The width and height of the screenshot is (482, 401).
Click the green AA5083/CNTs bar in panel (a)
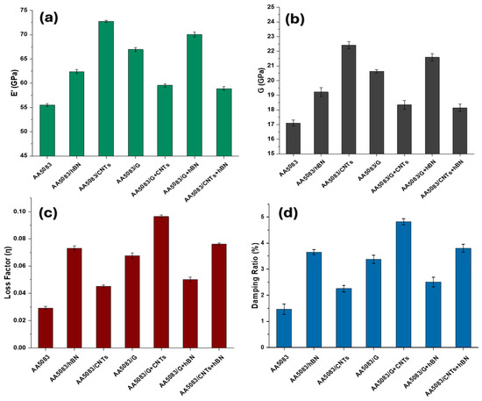[106, 89]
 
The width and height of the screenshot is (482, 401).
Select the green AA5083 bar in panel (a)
[47, 131]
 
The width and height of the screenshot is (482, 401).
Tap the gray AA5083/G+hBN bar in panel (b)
[432, 105]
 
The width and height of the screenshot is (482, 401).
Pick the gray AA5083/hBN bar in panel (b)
[321, 123]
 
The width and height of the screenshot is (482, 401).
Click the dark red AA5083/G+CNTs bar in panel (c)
[161, 283]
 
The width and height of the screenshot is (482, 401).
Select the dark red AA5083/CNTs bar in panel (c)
[103, 317]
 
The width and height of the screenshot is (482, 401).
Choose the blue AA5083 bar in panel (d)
[284, 328]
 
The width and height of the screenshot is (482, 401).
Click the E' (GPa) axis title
[13, 83]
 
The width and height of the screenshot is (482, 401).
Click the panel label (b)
[294, 19]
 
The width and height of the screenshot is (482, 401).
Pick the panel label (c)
[48, 213]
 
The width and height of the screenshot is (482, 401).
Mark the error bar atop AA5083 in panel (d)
[284, 309]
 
